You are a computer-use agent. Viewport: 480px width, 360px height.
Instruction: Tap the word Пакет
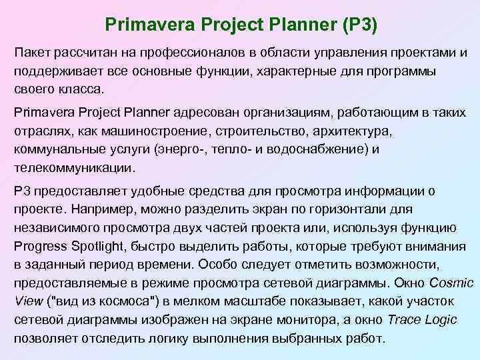pos(32,53)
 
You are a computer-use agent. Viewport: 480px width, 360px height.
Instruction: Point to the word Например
pos(99,210)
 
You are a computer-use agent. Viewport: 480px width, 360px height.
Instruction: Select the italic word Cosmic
pos(451,282)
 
